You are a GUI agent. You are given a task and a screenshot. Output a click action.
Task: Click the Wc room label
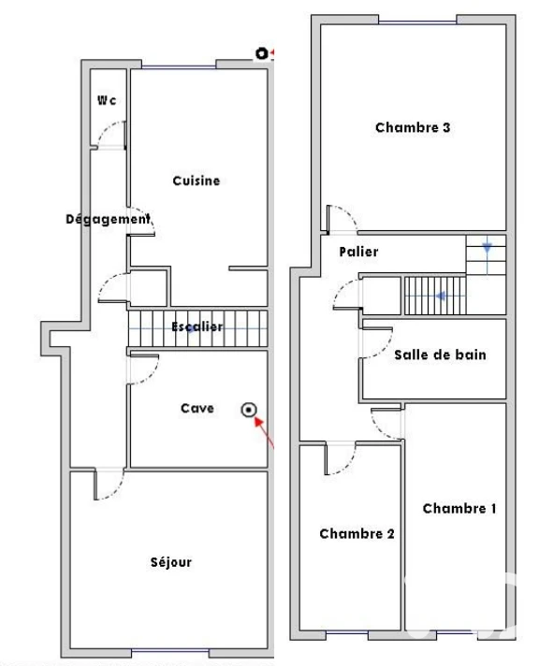(107, 100)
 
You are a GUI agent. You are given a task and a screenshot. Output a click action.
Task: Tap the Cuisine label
(197, 181)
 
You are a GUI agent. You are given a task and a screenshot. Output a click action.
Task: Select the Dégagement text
(108, 219)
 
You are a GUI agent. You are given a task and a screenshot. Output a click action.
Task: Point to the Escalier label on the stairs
(197, 326)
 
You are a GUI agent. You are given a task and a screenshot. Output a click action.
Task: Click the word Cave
(197, 408)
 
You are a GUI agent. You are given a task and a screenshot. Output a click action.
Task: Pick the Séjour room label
(171, 562)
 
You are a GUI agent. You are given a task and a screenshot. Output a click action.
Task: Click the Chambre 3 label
(413, 127)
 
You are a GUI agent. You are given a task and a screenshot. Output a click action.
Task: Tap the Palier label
(358, 252)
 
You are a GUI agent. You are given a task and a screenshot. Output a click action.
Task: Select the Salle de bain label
(440, 355)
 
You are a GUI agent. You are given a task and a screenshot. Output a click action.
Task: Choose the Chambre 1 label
(459, 509)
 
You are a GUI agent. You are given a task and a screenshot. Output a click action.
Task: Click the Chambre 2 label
(357, 533)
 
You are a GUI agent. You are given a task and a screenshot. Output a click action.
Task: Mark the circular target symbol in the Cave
(249, 410)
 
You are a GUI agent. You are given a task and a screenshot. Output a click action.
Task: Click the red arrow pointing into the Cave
(264, 432)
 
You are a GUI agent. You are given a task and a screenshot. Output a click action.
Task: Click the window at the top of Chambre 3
(417, 22)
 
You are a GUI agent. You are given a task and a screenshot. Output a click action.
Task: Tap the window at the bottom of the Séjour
(170, 651)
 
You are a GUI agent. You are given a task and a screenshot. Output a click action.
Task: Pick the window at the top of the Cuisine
(179, 66)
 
